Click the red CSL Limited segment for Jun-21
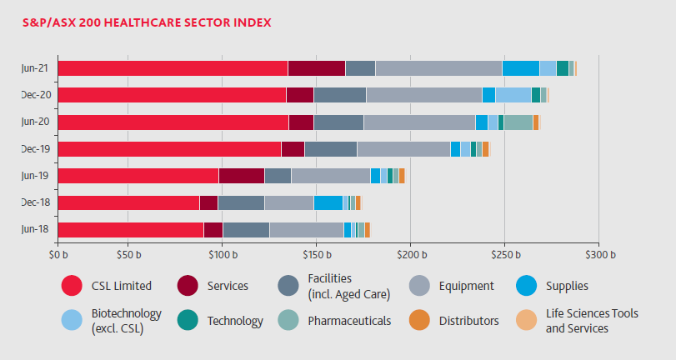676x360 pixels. click(173, 68)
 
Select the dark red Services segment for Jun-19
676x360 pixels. click(242, 176)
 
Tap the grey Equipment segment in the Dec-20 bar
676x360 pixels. click(423, 95)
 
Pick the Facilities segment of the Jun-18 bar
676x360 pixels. click(246, 230)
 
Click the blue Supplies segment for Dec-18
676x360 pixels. click(328, 202)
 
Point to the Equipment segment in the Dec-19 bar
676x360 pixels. click(403, 149)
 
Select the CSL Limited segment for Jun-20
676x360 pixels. click(173, 122)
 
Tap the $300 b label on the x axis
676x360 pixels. click(599, 253)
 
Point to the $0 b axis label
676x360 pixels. click(58, 253)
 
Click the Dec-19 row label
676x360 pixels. click(35, 149)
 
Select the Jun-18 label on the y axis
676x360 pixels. click(35, 230)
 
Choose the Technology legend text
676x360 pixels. click(235, 321)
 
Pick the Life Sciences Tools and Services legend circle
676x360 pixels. click(527, 321)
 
